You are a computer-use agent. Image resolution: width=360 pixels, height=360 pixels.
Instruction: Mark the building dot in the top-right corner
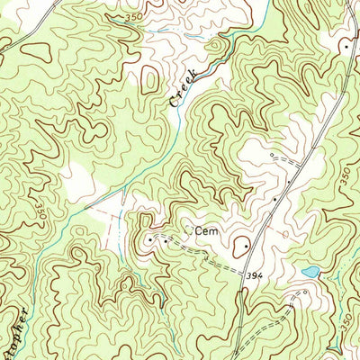coord(345,44)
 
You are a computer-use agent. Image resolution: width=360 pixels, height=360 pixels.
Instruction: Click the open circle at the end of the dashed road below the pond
coord(303,294)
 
